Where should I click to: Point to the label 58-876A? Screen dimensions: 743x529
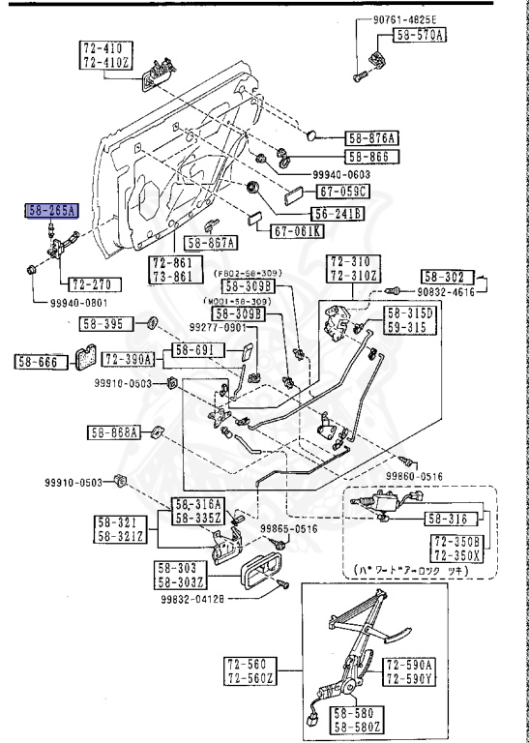(x=373, y=137)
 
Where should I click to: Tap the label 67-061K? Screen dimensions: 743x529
(x=299, y=232)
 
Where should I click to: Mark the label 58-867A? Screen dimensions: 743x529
(x=212, y=243)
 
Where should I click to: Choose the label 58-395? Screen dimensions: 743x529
(x=103, y=324)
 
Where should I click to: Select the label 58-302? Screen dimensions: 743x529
(x=443, y=276)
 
